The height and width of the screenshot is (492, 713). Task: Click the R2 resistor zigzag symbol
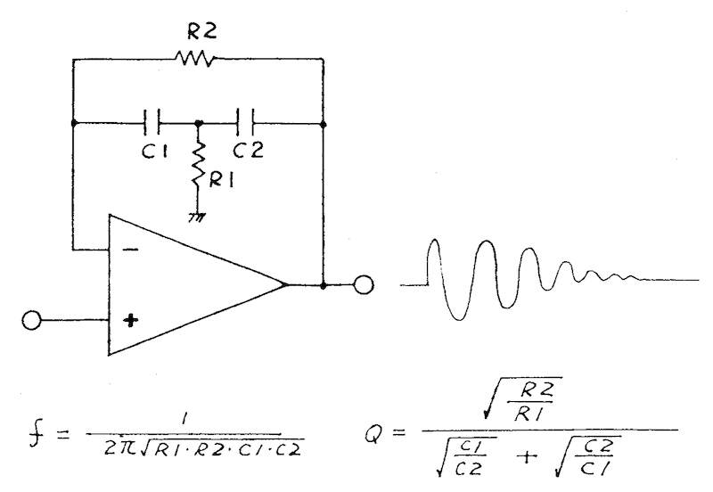pyautogui.click(x=194, y=59)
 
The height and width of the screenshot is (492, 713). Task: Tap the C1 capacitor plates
pyautogui.click(x=152, y=122)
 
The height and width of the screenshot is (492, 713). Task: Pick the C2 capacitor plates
pyautogui.click(x=246, y=122)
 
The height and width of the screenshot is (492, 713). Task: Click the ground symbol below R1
pyautogui.click(x=197, y=217)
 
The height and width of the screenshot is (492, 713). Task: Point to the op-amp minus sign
pyautogui.click(x=131, y=250)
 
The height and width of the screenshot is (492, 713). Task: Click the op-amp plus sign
pyautogui.click(x=131, y=321)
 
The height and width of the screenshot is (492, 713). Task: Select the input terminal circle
pyautogui.click(x=31, y=321)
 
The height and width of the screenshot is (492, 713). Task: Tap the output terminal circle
pyautogui.click(x=364, y=285)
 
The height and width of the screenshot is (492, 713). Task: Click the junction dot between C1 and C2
pyautogui.click(x=198, y=123)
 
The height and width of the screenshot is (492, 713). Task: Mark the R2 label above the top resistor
pyautogui.click(x=202, y=31)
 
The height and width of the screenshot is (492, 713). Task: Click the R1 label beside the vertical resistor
pyautogui.click(x=221, y=181)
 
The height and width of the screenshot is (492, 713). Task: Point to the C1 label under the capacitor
pyautogui.click(x=154, y=150)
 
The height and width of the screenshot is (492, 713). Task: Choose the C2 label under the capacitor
pyautogui.click(x=248, y=150)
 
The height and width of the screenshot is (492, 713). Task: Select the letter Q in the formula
pyautogui.click(x=373, y=433)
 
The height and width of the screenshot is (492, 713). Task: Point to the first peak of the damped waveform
pyautogui.click(x=434, y=240)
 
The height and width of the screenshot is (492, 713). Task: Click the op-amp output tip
pyautogui.click(x=286, y=284)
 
